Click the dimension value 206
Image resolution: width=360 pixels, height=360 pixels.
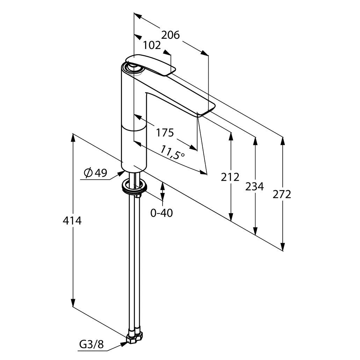pyautogui.click(x=170, y=35)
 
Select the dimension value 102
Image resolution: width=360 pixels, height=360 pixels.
pyautogui.click(x=152, y=45)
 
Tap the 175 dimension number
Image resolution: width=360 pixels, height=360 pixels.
pyautogui.click(x=164, y=132)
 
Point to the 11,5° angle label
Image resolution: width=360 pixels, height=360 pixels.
pyautogui.click(x=172, y=153)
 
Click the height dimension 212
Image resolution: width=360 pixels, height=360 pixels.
pyautogui.click(x=230, y=177)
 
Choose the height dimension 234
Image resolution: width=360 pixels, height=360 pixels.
pyautogui.click(x=254, y=187)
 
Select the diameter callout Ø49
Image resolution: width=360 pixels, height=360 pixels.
pyautogui.click(x=95, y=173)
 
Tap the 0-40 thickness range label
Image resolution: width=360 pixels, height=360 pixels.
pyautogui.click(x=161, y=213)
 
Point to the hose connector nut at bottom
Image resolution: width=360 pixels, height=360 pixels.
pyautogui.click(x=135, y=338)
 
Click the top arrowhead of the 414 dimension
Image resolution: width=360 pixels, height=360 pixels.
pyautogui.click(x=73, y=138)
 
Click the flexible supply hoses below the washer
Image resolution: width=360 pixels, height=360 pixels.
pyautogui.click(x=135, y=262)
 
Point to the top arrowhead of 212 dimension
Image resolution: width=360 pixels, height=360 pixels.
pyautogui.click(x=231, y=136)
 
